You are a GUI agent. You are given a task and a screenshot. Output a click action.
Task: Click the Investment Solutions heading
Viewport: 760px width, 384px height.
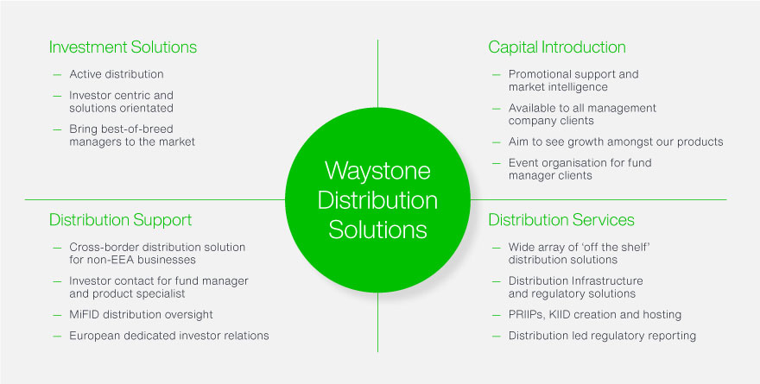(x=123, y=47)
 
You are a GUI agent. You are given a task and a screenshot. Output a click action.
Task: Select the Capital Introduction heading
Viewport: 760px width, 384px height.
(x=557, y=47)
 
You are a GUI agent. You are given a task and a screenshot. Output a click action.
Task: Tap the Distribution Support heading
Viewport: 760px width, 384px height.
(x=120, y=220)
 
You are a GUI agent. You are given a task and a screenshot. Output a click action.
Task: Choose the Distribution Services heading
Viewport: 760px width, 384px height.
(x=561, y=220)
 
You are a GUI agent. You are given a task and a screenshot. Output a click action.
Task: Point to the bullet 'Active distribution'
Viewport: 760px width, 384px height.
(x=117, y=74)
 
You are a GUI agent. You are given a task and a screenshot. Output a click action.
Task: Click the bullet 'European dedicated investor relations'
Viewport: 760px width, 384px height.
(x=169, y=335)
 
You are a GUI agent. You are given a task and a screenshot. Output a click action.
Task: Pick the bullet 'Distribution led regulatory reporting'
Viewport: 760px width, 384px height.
(x=602, y=335)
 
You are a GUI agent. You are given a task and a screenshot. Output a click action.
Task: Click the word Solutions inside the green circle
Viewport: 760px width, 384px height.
(x=377, y=230)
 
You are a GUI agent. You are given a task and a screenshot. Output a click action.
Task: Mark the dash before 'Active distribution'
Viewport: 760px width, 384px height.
(x=57, y=74)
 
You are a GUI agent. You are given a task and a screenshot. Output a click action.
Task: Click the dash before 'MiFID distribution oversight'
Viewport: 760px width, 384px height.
(x=57, y=314)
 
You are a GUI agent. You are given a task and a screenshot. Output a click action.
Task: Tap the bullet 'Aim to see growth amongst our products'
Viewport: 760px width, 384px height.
(x=616, y=142)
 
